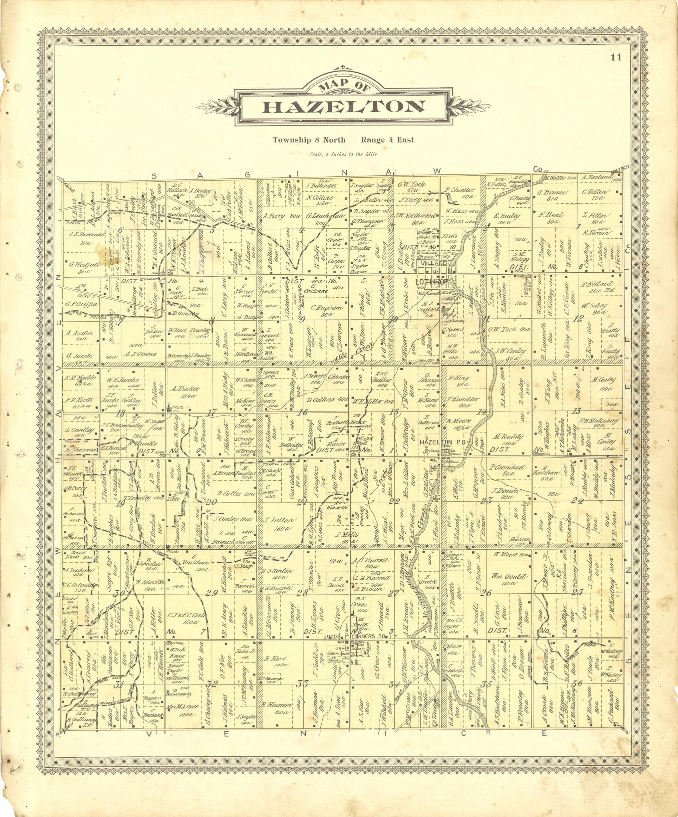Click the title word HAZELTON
pyautogui.click(x=343, y=106)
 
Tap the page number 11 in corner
pyautogui.click(x=616, y=58)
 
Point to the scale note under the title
pyautogui.click(x=343, y=154)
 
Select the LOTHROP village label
pyautogui.click(x=432, y=281)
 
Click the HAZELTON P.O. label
pyautogui.click(x=436, y=442)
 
